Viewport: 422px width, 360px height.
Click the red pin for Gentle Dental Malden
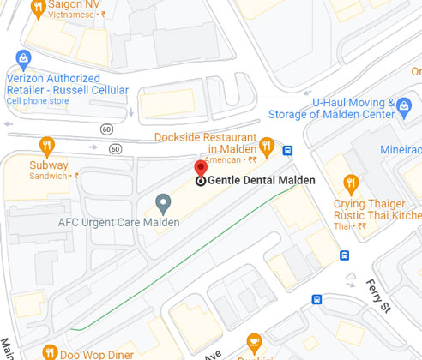click(x=201, y=167)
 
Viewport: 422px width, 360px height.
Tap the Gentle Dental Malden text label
click(x=262, y=181)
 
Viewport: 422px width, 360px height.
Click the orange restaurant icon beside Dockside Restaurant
click(x=267, y=146)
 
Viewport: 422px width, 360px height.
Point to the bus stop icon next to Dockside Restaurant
click(x=287, y=150)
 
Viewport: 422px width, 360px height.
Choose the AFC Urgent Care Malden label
click(x=118, y=223)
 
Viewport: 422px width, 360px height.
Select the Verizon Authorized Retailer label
click(x=67, y=83)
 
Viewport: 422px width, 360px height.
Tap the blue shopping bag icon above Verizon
click(x=23, y=58)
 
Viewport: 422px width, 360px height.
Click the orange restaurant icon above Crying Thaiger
click(x=350, y=182)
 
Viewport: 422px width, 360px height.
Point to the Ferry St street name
click(x=378, y=297)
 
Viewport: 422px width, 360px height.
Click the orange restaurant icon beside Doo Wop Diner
click(x=50, y=351)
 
